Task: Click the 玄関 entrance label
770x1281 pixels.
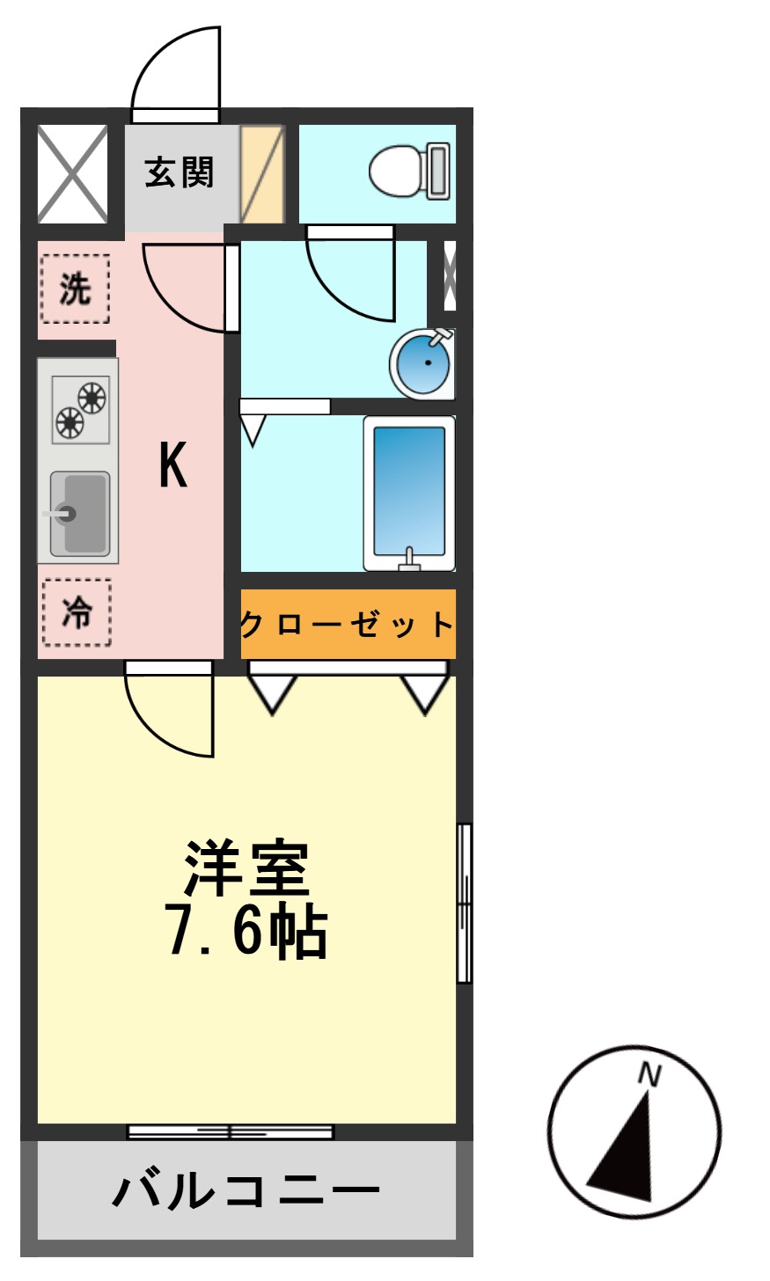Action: [180, 172]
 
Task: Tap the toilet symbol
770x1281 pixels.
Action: [410, 171]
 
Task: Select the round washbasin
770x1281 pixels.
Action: [422, 362]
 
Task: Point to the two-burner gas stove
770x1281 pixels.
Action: [80, 410]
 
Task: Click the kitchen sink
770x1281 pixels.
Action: [79, 515]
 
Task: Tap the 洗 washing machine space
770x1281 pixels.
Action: [75, 289]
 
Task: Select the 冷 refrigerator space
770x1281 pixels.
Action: [77, 612]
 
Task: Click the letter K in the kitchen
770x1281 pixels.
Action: [172, 465]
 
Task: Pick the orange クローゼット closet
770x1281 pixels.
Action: [348, 625]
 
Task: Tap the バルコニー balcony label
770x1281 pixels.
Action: [246, 1191]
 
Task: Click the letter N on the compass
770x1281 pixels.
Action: [649, 1074]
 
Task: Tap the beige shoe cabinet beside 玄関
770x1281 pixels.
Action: [262, 173]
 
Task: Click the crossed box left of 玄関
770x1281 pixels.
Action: [72, 173]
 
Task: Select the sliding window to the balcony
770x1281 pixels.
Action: [231, 1131]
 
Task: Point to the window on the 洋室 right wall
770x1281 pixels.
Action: [464, 903]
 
